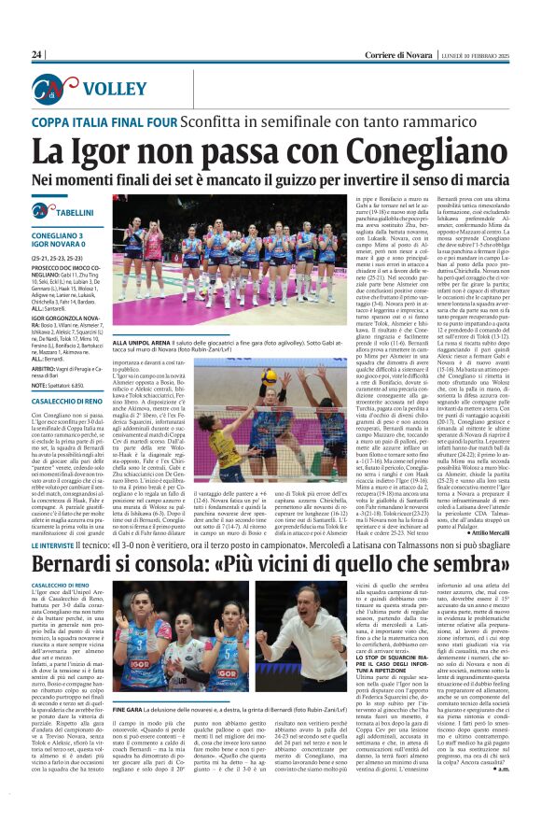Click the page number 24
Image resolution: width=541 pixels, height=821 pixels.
[37, 55]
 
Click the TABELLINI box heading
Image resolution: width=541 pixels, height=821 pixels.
[68, 214]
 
